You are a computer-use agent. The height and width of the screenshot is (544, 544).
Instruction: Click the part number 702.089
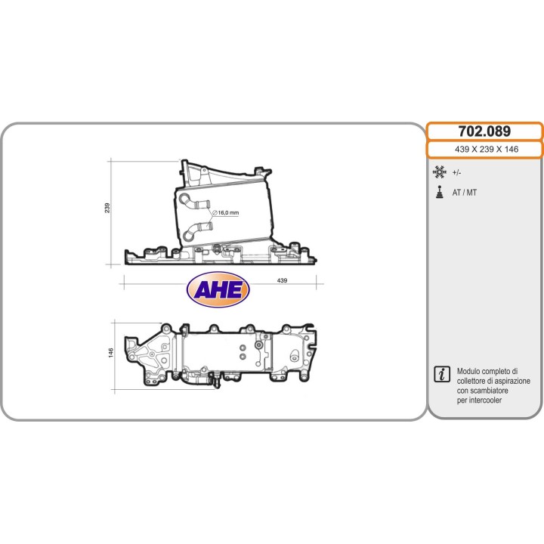[x=485, y=131]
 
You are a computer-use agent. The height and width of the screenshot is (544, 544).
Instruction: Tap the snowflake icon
[x=439, y=172]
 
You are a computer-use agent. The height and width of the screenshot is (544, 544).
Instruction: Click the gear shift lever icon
[x=439, y=192]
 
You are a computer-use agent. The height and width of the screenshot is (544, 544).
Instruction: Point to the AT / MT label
[x=465, y=193]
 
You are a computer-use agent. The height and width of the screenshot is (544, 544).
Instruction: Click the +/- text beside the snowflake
[x=458, y=172]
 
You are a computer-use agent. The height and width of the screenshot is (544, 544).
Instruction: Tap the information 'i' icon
[x=441, y=374]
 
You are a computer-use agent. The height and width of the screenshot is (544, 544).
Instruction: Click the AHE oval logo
[x=218, y=289]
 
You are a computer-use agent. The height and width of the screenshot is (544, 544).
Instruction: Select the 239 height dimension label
[x=108, y=208]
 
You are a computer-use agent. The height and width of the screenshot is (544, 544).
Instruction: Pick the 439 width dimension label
[x=283, y=280]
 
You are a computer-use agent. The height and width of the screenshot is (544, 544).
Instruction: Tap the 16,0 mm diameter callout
[x=225, y=213]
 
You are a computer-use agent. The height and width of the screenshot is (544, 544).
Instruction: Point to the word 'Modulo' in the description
[x=472, y=372]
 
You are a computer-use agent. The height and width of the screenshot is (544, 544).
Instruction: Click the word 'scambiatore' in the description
[x=493, y=391]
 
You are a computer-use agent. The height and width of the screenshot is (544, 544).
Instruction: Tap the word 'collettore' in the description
[x=474, y=382]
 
